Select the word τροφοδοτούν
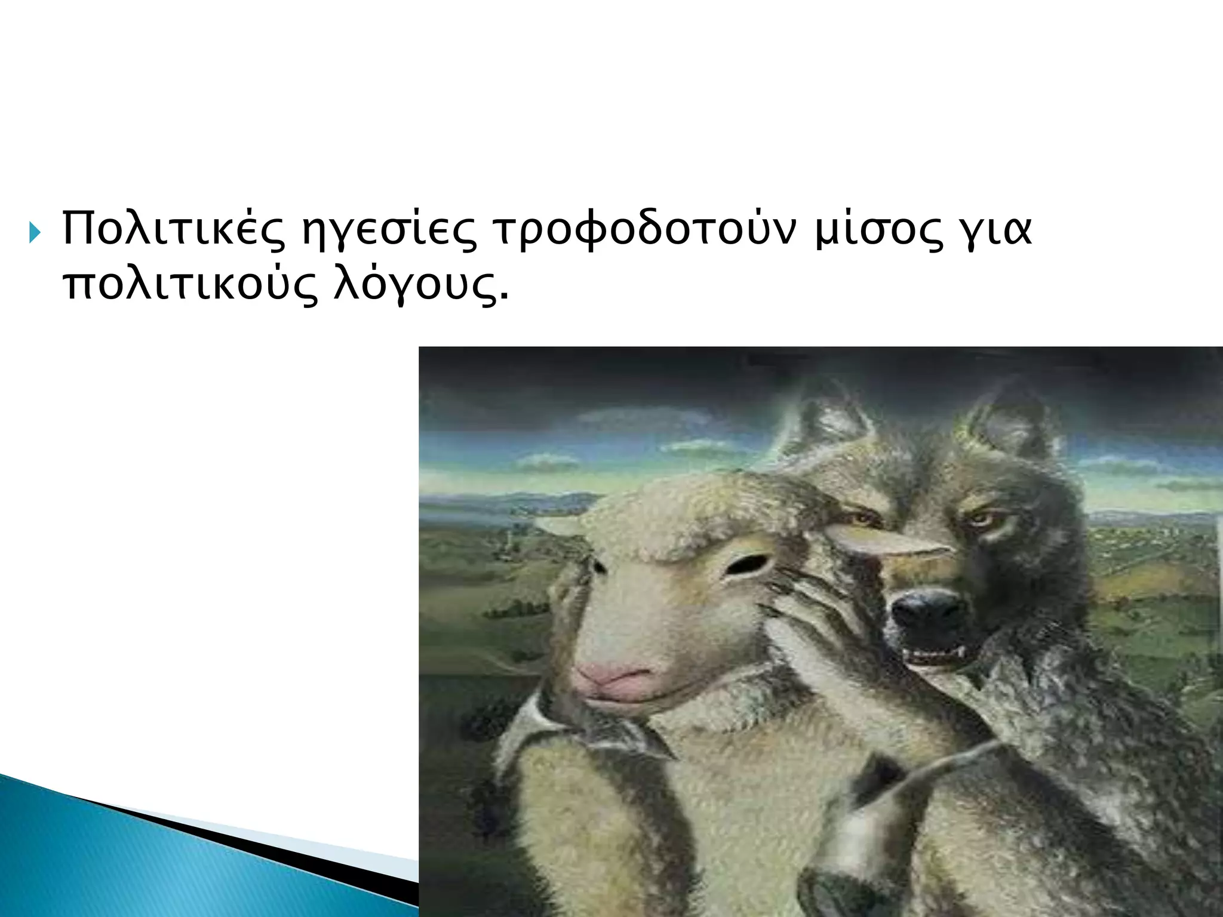tap(645, 230)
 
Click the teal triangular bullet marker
tap(35, 233)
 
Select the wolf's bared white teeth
tap(935, 657)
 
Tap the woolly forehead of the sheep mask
tap(687, 513)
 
